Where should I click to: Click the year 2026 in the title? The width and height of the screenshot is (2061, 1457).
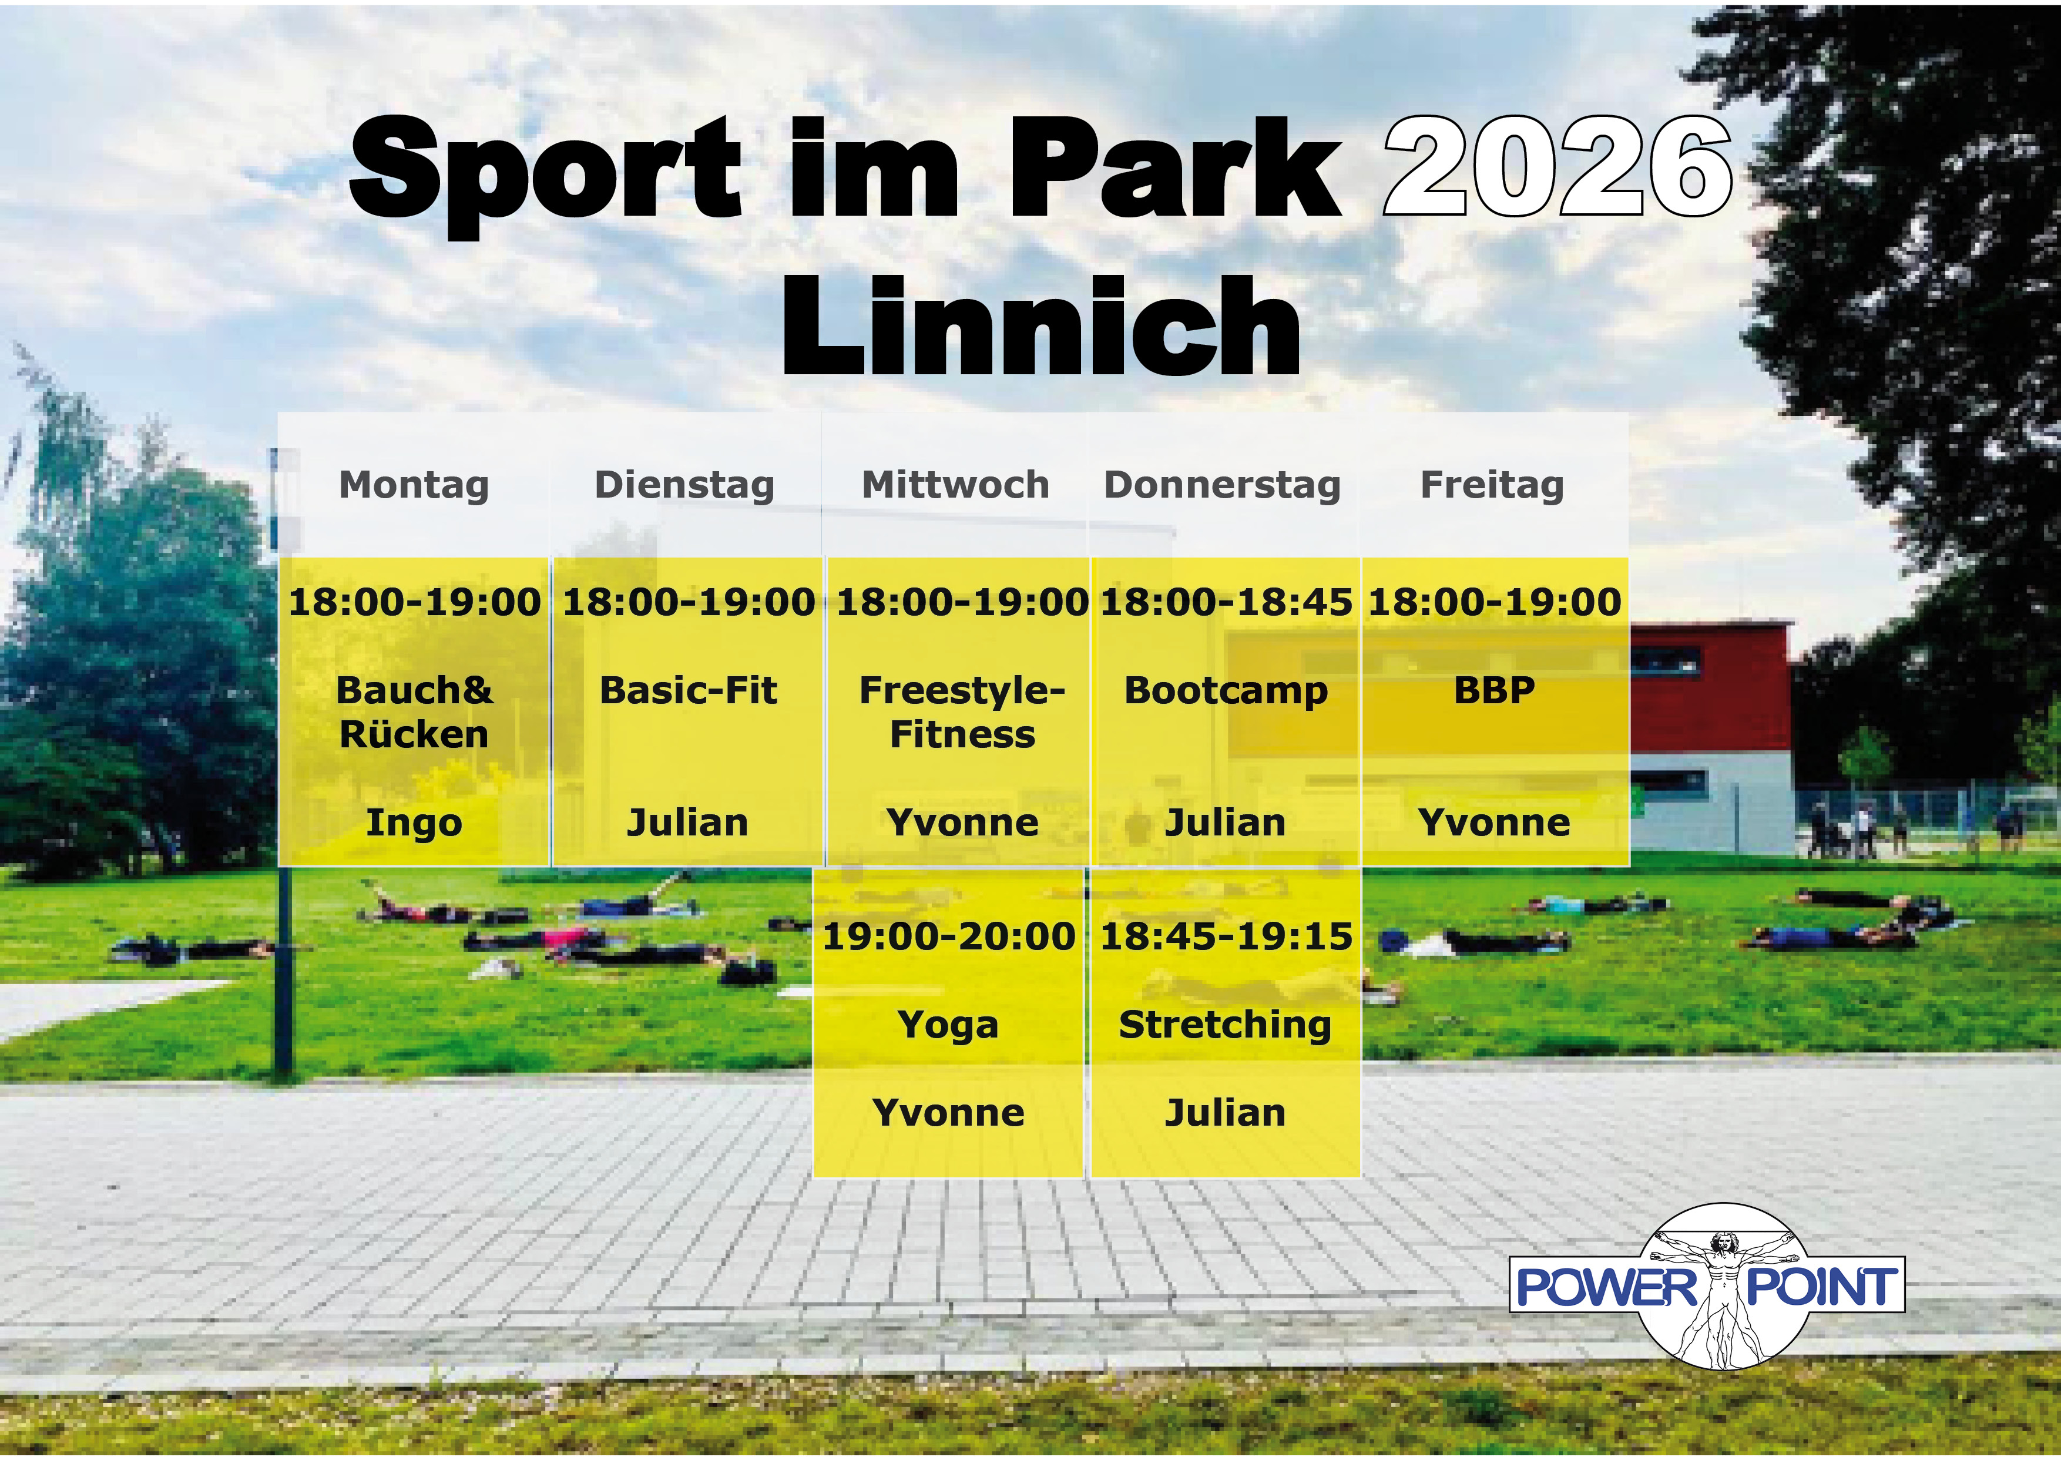(1558, 167)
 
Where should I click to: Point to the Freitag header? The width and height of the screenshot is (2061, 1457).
(1492, 485)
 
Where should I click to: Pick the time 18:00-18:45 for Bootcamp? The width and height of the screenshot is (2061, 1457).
(1226, 602)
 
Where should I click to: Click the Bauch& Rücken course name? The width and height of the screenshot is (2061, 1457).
(414, 712)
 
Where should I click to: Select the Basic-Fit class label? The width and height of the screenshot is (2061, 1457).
(687, 690)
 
